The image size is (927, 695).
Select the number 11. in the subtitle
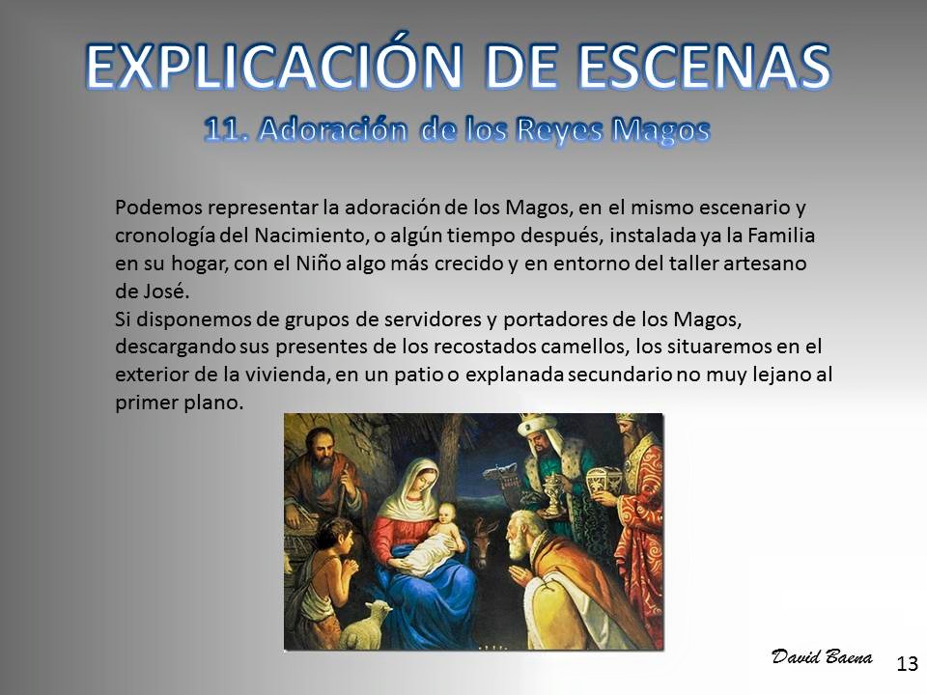226,129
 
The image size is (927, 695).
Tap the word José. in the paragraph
153,291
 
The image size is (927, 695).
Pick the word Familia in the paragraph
781,236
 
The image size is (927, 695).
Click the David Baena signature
822,656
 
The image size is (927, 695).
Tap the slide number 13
908,664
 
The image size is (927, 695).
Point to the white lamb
364,625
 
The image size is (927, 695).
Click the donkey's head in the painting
483,542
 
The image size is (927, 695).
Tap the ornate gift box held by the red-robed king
605,483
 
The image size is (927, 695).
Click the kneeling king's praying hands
522,571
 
